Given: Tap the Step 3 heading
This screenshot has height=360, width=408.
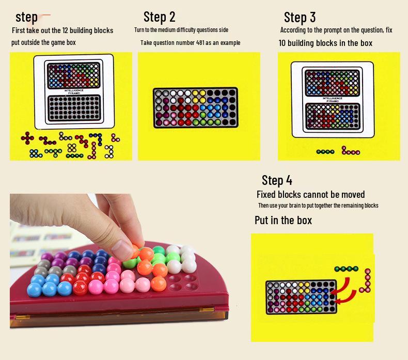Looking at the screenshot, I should coord(300,18).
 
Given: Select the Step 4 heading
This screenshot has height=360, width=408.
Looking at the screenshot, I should coord(277,180).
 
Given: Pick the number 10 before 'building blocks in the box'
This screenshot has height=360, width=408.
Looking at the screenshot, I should coord(283,43).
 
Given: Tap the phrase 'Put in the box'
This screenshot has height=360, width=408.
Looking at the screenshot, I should coord(283,221).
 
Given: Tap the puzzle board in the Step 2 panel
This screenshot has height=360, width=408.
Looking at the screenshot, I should coord(195,107).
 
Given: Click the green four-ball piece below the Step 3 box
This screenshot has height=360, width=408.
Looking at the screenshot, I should coord(325,152).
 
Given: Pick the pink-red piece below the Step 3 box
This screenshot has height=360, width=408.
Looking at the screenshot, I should coord(350,151).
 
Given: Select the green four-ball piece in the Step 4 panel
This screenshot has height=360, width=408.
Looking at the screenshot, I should coord(346,269).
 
